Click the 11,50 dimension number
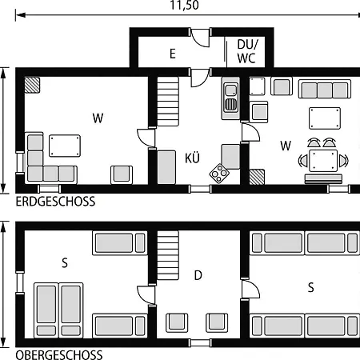point(185,5)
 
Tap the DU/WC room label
point(247,51)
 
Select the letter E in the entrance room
point(173,54)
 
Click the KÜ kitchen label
point(192,158)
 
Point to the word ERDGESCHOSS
point(55,202)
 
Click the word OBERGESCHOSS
point(59,355)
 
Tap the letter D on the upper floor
point(198,275)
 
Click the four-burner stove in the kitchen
point(219,174)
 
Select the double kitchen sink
point(230,98)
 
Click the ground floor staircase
point(168,102)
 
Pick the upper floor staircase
point(168,255)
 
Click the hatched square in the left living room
point(32,85)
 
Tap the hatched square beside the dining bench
point(257,177)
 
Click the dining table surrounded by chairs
point(323,160)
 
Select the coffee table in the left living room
point(65,146)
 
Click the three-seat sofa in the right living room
point(325,89)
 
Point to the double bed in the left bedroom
point(58,310)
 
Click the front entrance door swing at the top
point(201,38)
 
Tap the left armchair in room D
point(177,322)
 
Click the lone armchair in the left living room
point(122,174)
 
